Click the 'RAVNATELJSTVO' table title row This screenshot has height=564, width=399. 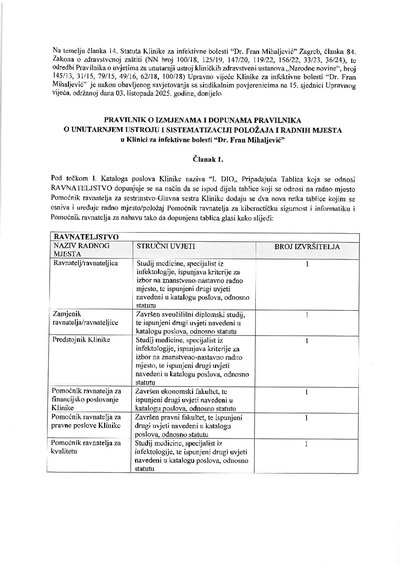(87, 237)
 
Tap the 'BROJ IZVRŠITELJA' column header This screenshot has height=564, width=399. (307, 247)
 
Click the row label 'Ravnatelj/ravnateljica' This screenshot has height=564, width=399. (86, 263)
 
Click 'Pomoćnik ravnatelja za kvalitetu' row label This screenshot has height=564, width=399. (87, 447)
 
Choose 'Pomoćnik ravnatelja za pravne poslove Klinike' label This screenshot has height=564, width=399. (87, 421)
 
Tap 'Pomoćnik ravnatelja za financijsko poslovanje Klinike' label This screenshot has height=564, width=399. (87, 399)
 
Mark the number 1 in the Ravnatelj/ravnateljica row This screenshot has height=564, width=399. (307, 264)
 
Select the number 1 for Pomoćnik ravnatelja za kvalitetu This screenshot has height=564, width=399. (307, 444)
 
